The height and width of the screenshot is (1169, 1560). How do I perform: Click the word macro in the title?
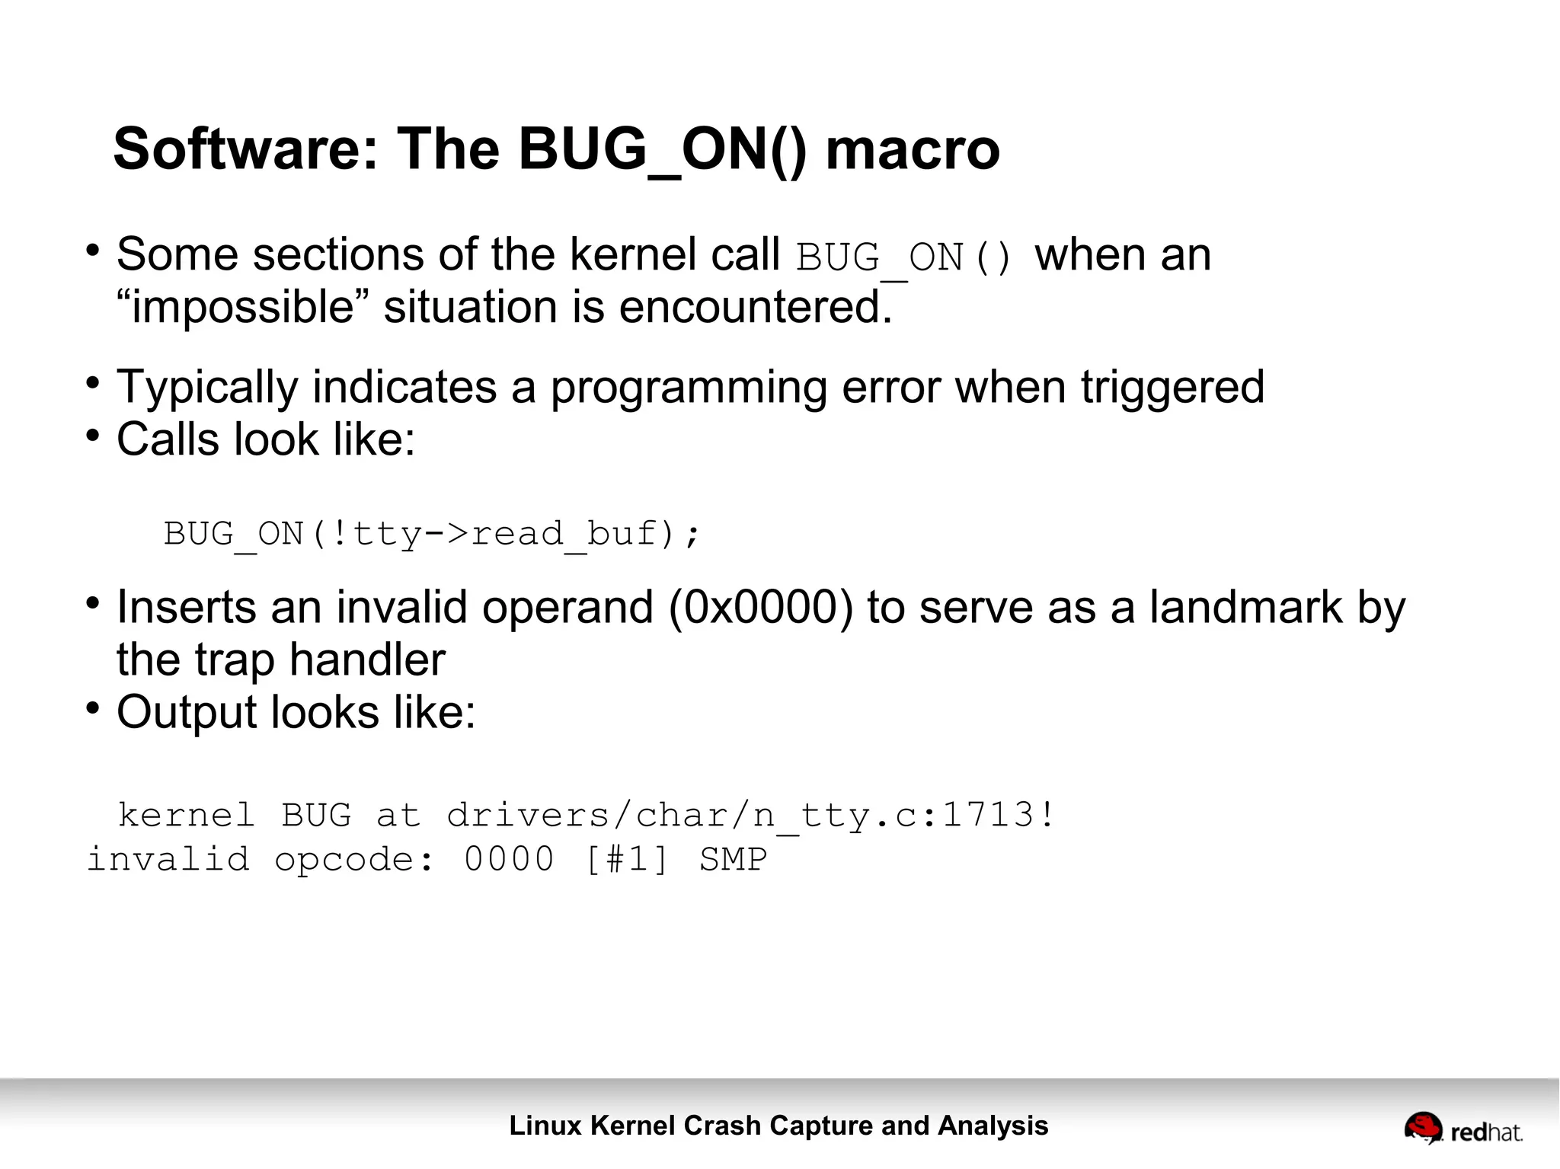click(912, 149)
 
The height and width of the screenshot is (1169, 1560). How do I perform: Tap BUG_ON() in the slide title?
click(661, 149)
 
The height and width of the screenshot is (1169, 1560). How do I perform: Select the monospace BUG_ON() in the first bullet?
click(903, 257)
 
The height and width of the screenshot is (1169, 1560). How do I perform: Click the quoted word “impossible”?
click(243, 307)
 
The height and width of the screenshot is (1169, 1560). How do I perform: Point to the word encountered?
click(755, 307)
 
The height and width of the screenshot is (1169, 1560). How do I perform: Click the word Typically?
click(207, 388)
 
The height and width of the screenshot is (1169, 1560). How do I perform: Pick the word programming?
click(689, 388)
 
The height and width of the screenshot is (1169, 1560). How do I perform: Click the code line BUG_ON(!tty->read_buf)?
click(431, 534)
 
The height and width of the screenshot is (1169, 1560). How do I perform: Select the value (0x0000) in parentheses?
click(761, 608)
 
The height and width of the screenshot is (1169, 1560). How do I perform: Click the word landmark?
click(1245, 608)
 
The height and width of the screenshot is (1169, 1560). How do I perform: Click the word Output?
click(186, 713)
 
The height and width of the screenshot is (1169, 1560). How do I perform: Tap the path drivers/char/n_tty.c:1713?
click(750, 816)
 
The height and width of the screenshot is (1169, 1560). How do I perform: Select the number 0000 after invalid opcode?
click(509, 860)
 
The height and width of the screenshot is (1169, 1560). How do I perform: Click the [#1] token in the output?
click(627, 860)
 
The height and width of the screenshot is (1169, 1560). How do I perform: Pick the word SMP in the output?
click(733, 860)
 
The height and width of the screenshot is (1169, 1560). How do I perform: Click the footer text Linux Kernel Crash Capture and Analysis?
click(778, 1125)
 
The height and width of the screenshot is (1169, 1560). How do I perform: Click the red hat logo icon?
click(1422, 1127)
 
